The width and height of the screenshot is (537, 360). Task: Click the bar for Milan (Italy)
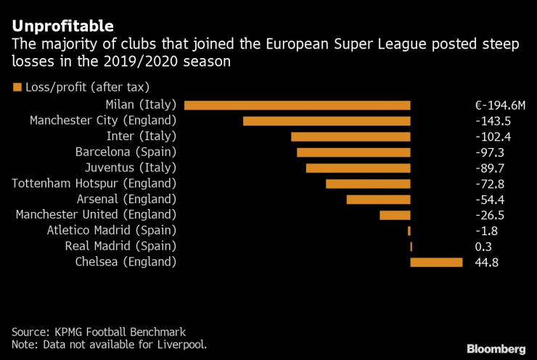pyautogui.click(x=298, y=105)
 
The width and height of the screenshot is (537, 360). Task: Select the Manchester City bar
pyautogui.click(x=327, y=121)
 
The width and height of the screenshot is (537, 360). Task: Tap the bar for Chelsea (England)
pyautogui.click(x=436, y=262)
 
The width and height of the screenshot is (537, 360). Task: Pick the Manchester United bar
pyautogui.click(x=395, y=215)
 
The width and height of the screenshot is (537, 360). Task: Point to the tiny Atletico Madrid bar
pyautogui.click(x=409, y=231)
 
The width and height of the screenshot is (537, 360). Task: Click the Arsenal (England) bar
pyautogui.click(x=378, y=200)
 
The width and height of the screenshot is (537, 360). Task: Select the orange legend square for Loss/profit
pyautogui.click(x=17, y=89)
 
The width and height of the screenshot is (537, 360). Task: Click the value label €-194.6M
pyautogui.click(x=495, y=105)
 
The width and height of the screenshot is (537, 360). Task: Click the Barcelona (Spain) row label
pyautogui.click(x=126, y=152)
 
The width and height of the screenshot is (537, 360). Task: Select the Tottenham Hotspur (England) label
pyautogui.click(x=94, y=184)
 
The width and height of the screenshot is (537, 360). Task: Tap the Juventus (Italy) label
pyautogui.click(x=130, y=168)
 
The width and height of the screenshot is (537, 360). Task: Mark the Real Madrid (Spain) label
pyautogui.click(x=120, y=247)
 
